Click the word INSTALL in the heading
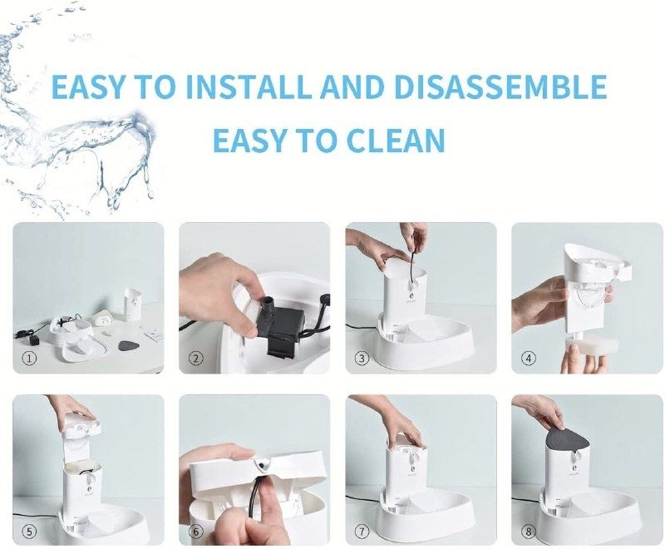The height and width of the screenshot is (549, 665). tap(249, 87)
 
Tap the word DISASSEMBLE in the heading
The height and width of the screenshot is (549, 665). tap(500, 87)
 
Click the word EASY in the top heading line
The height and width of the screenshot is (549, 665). tap(88, 87)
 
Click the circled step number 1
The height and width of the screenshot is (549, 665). tap(29, 359)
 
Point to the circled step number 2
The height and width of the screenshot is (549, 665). tap(195, 359)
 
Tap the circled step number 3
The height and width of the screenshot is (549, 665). tap(362, 359)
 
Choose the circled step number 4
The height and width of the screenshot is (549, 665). tap(528, 359)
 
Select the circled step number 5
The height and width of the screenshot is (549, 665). tap(29, 532)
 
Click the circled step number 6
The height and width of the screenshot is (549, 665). tap(195, 532)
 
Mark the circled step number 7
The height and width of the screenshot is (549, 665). tap(362, 532)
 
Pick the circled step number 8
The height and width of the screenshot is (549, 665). tap(528, 532)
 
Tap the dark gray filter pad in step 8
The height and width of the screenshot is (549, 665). tap(567, 444)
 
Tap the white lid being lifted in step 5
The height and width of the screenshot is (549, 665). tap(81, 423)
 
